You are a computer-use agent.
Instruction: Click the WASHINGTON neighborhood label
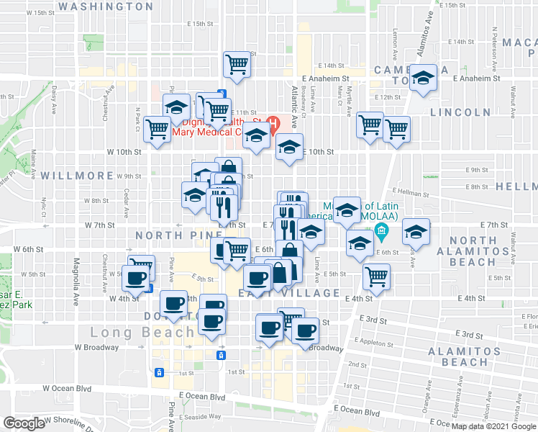[x=105, y=6]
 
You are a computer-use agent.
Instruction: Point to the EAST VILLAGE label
[x=288, y=293]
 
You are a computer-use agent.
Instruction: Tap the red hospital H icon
[x=273, y=122]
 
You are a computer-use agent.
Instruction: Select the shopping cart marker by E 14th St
[x=237, y=65]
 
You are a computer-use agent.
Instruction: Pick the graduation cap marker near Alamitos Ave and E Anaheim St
[x=424, y=78]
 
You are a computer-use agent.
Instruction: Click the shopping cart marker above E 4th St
[x=375, y=275]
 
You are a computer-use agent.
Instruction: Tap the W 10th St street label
[x=124, y=152]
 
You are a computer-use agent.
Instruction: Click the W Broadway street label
[x=96, y=347]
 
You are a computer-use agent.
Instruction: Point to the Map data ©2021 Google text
[x=493, y=426]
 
